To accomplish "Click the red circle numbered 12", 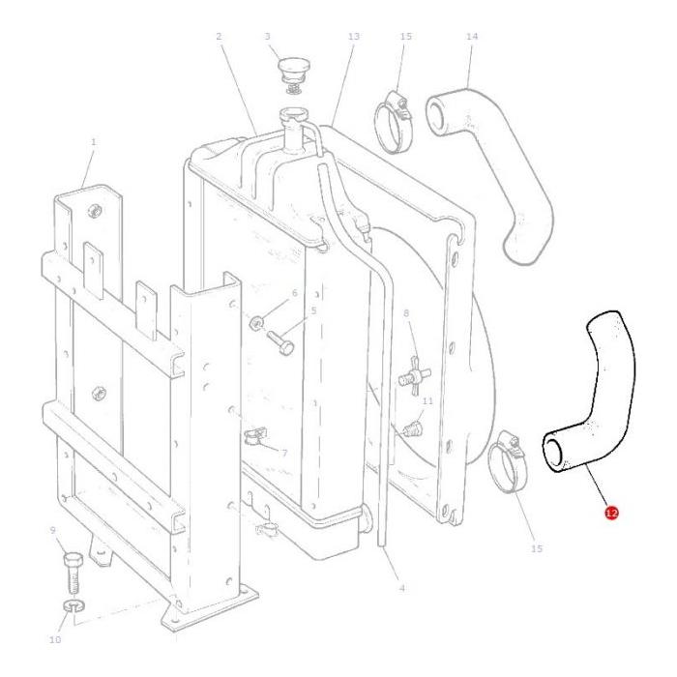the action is pos(612,513).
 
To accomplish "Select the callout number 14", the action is pos(472,37).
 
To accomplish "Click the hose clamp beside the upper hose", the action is pos(394,122).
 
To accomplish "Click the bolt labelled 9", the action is pos(73,574).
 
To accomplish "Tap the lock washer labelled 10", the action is pos(74,605).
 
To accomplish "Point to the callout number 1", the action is pos(93,141).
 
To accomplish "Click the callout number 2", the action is pos(219,37).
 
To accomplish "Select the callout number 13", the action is pos(353,37).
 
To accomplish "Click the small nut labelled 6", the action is pos(257,322).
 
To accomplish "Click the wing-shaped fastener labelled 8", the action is pos(414,375).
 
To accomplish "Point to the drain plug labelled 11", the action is pos(412,427).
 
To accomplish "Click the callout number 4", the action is pos(402,588).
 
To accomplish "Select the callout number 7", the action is pos(284,453).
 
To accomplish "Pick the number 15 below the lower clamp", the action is pos(536,548).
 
